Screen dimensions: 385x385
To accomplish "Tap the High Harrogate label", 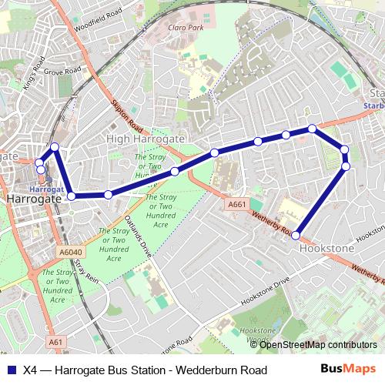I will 145,139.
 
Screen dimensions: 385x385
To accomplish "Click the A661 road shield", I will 237,204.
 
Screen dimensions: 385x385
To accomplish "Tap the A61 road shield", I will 55,341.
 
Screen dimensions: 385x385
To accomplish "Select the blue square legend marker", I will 10,370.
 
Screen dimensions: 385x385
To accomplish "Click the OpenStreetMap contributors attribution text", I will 317,344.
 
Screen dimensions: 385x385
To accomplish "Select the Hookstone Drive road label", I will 266,292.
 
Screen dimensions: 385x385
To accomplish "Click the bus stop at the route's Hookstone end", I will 296,225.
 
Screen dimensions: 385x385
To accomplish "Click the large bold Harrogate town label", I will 33,199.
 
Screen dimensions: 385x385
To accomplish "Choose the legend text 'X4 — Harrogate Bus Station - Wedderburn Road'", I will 145,370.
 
